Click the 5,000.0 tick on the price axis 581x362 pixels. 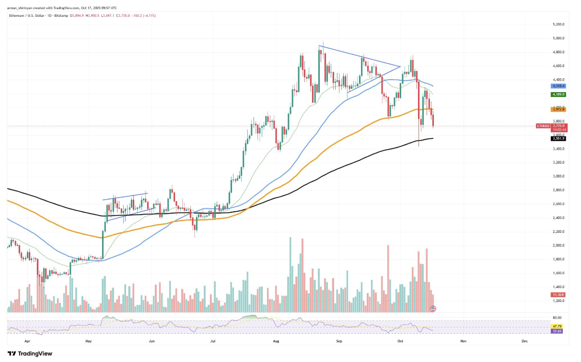[558, 38]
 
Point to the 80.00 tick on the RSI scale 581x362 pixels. [557, 318]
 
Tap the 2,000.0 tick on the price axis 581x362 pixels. [558, 245]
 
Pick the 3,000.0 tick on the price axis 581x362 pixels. [558, 176]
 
